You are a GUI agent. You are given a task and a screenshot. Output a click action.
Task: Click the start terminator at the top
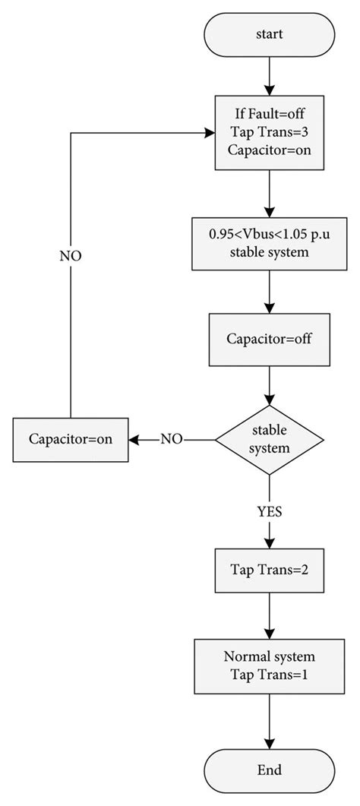(270, 35)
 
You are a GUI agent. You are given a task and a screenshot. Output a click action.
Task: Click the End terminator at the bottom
(270, 770)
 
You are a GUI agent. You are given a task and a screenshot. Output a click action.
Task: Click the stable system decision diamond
(270, 439)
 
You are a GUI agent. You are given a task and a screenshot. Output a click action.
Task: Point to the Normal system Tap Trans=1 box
(270, 663)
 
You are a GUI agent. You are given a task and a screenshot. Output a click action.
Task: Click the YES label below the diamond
(270, 511)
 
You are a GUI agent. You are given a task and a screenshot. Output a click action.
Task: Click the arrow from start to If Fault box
(270, 76)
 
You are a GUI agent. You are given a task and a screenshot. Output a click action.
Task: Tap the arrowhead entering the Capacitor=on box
(134, 439)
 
